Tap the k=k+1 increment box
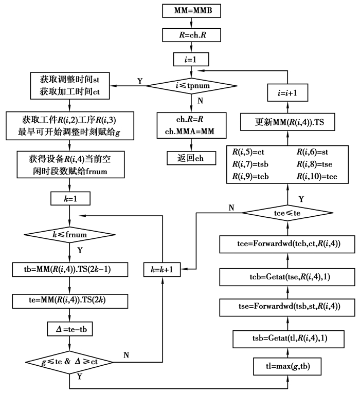tap(163, 269)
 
